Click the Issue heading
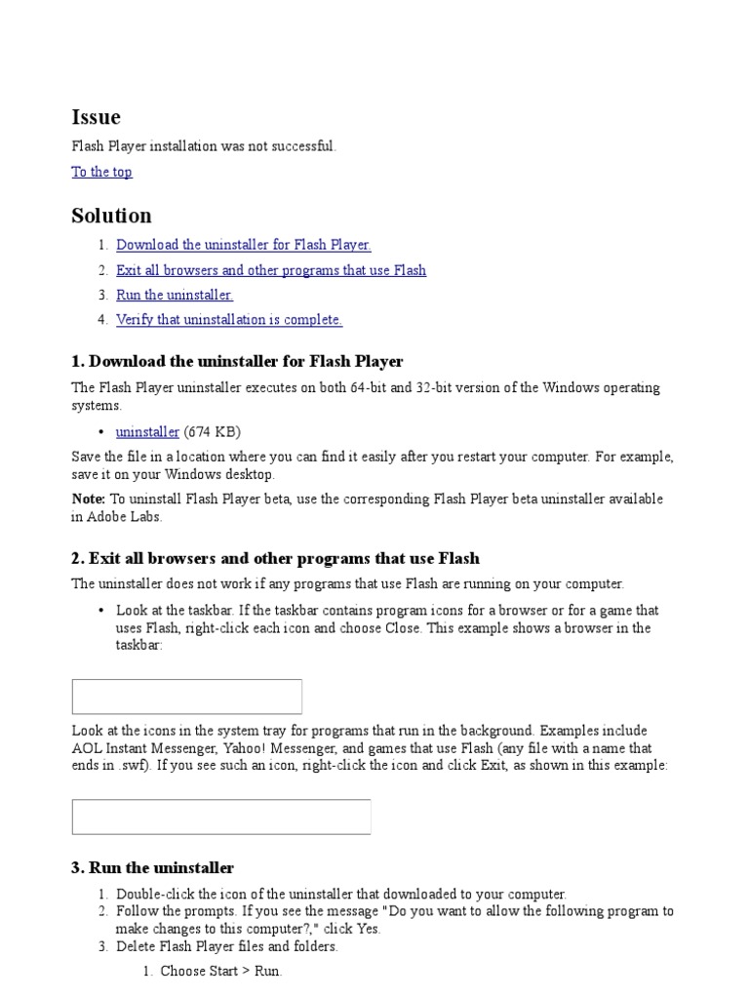[x=96, y=117]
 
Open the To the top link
[x=101, y=172]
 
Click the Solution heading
[x=111, y=216]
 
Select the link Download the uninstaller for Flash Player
[x=243, y=245]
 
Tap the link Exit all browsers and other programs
[x=270, y=270]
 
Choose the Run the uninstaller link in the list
[x=174, y=295]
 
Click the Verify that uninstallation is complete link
[x=228, y=319]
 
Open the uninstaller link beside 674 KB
[x=147, y=431]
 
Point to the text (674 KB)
[x=212, y=431]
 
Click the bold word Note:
[x=88, y=499]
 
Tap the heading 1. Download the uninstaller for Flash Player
[x=237, y=362]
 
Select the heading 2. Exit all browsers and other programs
[x=275, y=559]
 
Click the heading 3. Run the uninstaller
[x=152, y=867]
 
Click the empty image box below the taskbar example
[x=186, y=697]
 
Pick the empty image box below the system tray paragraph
[x=221, y=817]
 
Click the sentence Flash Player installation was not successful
[x=203, y=146]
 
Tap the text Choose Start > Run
[x=220, y=971]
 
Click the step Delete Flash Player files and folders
[x=226, y=946]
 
